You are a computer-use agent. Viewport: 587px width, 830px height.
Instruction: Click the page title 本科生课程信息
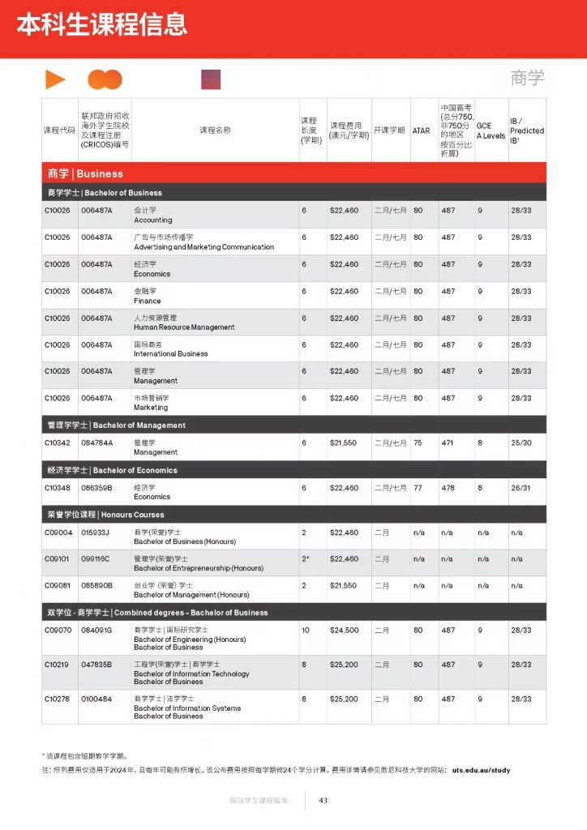(x=102, y=24)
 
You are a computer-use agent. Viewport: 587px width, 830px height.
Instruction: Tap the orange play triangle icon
(x=55, y=79)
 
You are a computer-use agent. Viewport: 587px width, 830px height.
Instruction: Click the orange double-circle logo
(x=105, y=79)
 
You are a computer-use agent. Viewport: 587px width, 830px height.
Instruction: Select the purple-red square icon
(x=211, y=79)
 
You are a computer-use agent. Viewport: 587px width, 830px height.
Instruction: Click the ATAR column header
(x=422, y=130)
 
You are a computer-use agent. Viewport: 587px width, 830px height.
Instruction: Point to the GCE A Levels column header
(x=490, y=130)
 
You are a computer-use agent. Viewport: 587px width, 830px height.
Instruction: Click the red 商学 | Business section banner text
(x=85, y=173)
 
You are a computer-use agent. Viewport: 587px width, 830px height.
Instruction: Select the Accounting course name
(x=153, y=220)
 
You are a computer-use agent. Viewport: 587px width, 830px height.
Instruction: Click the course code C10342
(x=58, y=443)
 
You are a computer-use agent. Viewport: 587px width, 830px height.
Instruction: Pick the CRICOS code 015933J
(x=95, y=533)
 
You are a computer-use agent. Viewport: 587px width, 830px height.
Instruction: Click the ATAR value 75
(x=418, y=443)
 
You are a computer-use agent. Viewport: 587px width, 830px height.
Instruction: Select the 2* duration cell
(x=306, y=559)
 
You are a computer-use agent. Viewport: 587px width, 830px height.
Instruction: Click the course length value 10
(x=306, y=630)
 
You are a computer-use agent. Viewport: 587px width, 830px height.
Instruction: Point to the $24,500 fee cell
(x=344, y=630)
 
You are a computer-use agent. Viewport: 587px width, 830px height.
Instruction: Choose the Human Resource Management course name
(x=184, y=327)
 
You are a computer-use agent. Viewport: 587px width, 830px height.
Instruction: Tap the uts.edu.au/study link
(x=481, y=770)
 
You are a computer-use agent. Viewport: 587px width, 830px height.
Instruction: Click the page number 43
(x=323, y=801)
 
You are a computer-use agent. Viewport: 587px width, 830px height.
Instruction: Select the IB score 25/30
(x=521, y=443)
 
